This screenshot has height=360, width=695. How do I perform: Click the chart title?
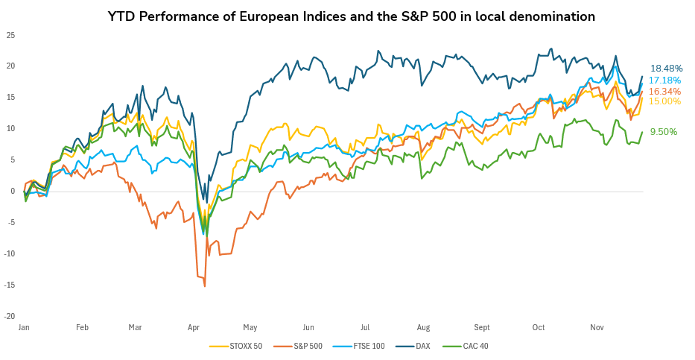coord(352,16)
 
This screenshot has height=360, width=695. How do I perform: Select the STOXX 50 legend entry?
coord(239,346)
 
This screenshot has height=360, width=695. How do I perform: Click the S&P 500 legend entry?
coord(299,346)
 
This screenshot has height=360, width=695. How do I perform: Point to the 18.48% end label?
coord(666,69)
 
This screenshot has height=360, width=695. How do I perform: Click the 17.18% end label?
coord(664,80)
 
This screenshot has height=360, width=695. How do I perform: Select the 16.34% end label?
coord(664,91)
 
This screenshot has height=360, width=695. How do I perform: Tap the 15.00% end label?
coord(664,101)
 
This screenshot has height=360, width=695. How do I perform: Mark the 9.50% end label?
coord(663,132)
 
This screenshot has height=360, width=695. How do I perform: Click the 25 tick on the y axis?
coord(10,35)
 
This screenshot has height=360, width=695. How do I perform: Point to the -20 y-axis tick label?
coord(10,316)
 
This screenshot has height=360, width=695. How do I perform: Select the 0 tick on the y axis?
coord(13,191)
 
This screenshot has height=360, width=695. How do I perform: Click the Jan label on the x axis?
coord(24,327)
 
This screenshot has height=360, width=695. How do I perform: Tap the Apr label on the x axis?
coord(194,327)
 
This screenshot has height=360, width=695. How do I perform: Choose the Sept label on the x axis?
coord(481,327)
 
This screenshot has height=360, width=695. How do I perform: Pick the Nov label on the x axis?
coord(597,327)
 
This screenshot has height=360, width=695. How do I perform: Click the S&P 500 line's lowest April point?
coord(205,285)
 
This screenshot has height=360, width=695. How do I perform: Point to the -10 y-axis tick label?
coord(10,253)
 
